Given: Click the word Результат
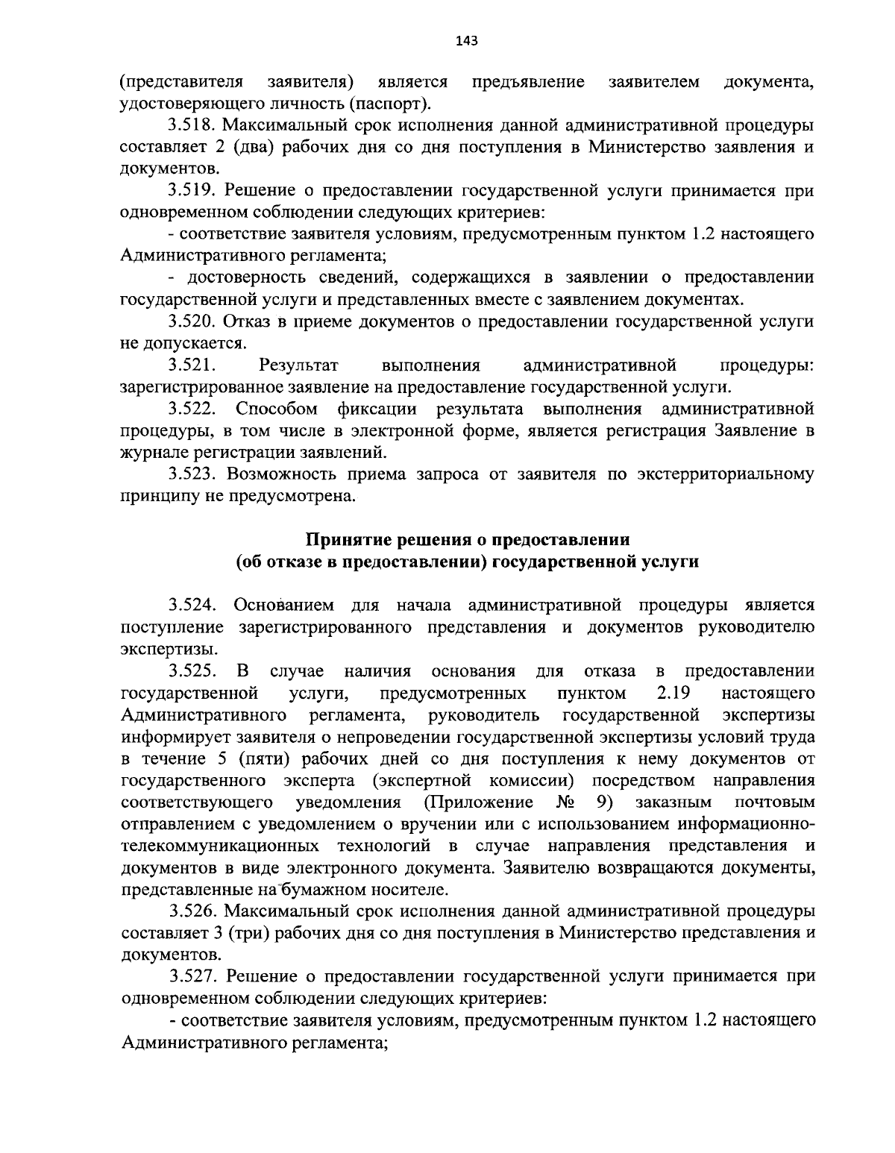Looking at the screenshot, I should point(298,365).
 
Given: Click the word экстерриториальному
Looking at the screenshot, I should point(725,474).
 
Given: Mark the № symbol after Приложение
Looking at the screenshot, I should point(565,802).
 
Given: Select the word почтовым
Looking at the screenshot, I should point(775,802).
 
